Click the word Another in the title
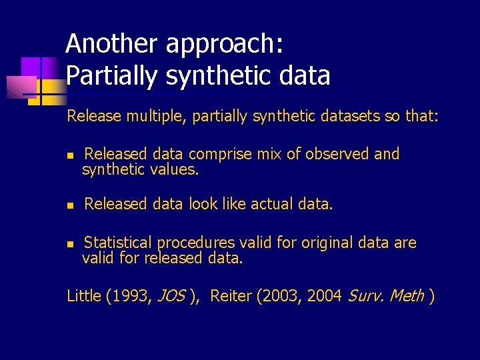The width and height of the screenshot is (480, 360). pyautogui.click(x=112, y=44)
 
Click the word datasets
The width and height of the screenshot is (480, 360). pyautogui.click(x=346, y=117)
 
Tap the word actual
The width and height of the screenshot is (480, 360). pyautogui.click(x=271, y=204)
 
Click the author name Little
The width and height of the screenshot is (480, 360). pyautogui.click(x=84, y=295)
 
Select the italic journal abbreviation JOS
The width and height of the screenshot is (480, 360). pyautogui.click(x=171, y=295)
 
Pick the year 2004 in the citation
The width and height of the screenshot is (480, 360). pyautogui.click(x=325, y=295)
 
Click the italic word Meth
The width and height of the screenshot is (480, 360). pyautogui.click(x=407, y=295)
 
